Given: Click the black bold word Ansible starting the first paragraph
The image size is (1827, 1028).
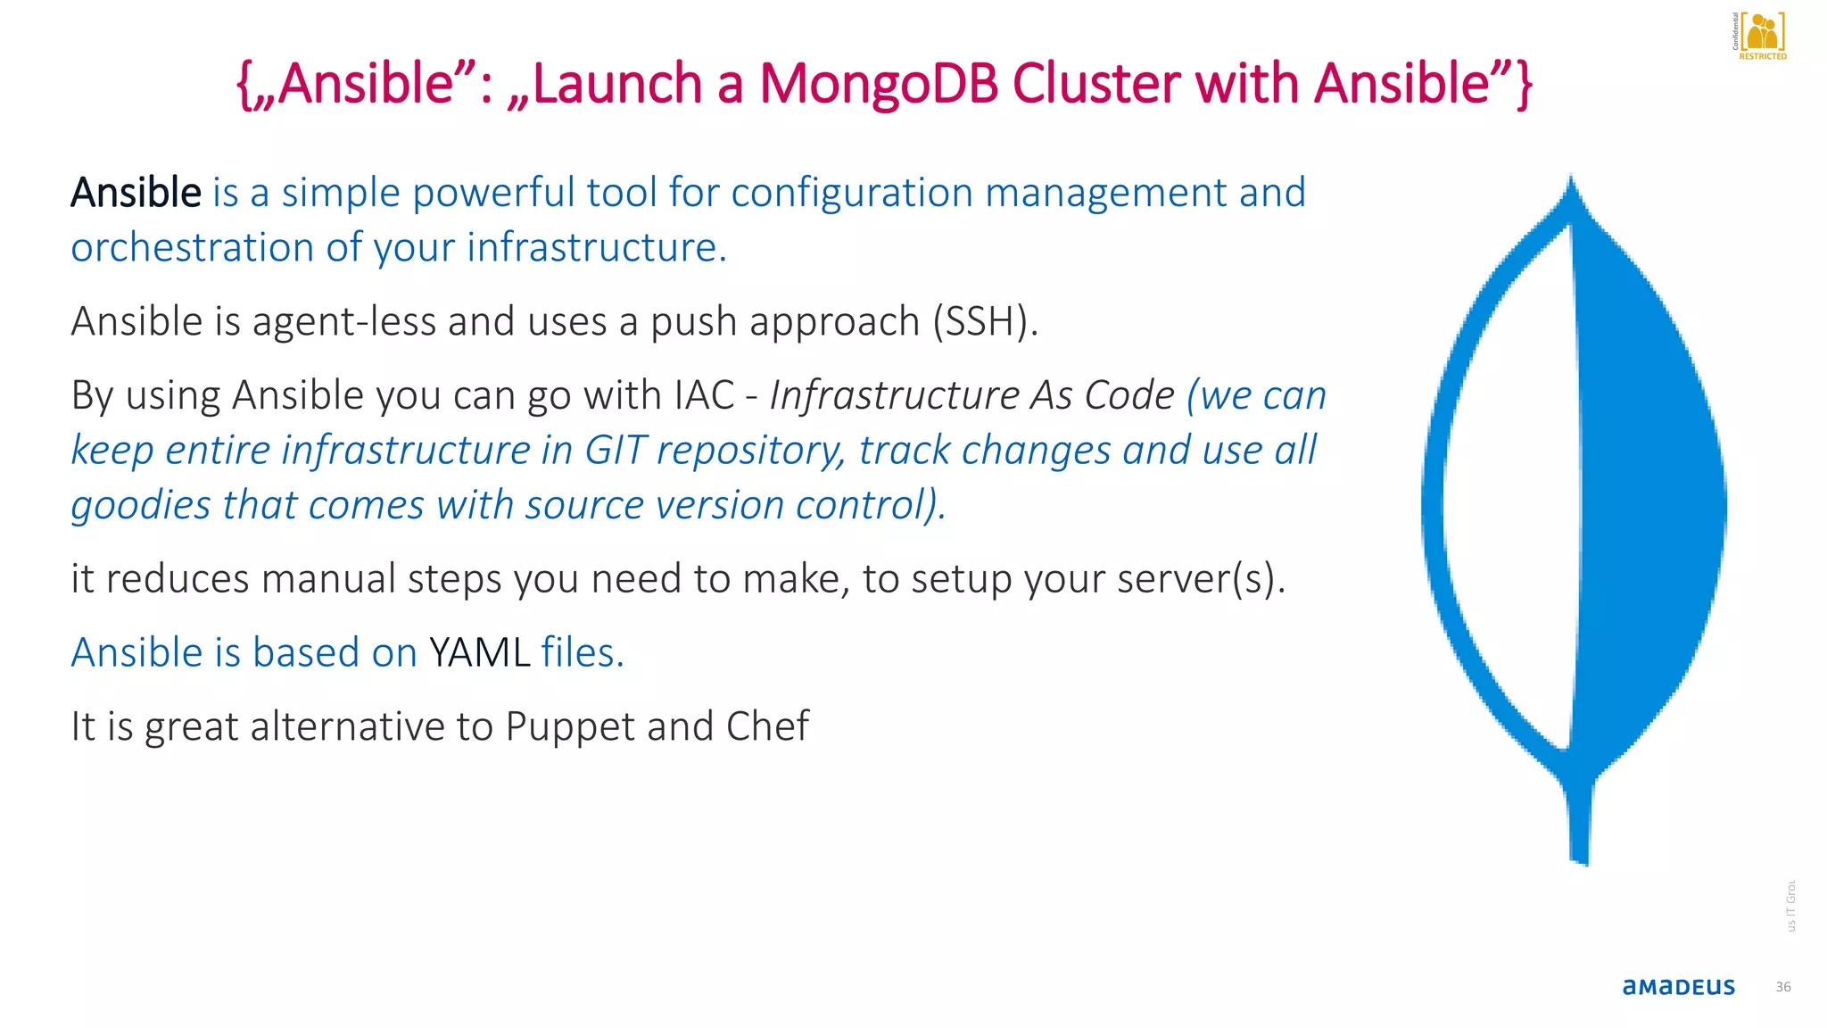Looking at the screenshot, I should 136,193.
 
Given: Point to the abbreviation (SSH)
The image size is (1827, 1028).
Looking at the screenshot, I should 985,321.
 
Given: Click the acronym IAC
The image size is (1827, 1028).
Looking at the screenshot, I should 704,394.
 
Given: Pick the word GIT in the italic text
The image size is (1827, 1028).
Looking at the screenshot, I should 615,450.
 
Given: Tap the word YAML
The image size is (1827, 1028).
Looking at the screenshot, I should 479,652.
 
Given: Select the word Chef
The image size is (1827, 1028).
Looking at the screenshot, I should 767,726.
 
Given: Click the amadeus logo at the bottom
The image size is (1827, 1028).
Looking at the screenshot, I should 1678,986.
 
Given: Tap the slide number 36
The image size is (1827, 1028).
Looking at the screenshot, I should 1782,986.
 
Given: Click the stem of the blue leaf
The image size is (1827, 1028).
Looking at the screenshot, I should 1579,821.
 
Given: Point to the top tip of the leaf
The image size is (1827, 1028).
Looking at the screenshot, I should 1571,183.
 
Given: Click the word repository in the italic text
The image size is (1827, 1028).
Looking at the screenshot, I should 749,451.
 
